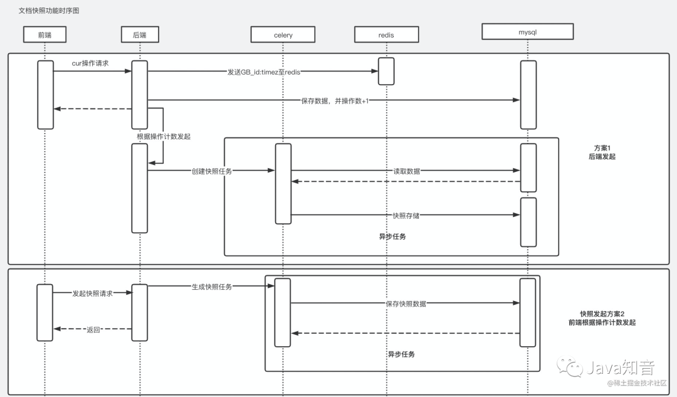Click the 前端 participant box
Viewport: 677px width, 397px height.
pos(45,34)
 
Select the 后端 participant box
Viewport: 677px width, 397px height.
pos(140,34)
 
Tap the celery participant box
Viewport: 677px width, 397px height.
pos(283,34)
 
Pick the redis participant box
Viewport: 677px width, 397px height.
pos(386,34)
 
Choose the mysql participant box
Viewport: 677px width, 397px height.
pos(528,31)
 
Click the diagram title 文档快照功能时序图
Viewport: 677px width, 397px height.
pos(49,11)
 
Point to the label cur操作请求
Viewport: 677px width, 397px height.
pos(90,63)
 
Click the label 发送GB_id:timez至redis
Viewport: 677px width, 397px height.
pos(264,72)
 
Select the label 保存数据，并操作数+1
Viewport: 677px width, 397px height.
pos(335,100)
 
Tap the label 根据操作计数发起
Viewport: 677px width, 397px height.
pos(164,137)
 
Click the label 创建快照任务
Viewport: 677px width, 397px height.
pos(212,171)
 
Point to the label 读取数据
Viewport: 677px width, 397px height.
pos(406,171)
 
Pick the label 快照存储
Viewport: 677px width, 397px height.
pos(406,216)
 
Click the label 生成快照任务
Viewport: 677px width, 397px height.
pos(212,287)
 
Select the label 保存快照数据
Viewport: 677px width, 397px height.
pos(406,304)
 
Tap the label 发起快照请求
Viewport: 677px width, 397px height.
pos(92,294)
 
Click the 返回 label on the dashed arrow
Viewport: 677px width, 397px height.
pos(93,330)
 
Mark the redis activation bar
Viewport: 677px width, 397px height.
pos(386,71)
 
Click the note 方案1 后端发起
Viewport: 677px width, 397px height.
pos(602,152)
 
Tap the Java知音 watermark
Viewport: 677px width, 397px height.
pos(606,367)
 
